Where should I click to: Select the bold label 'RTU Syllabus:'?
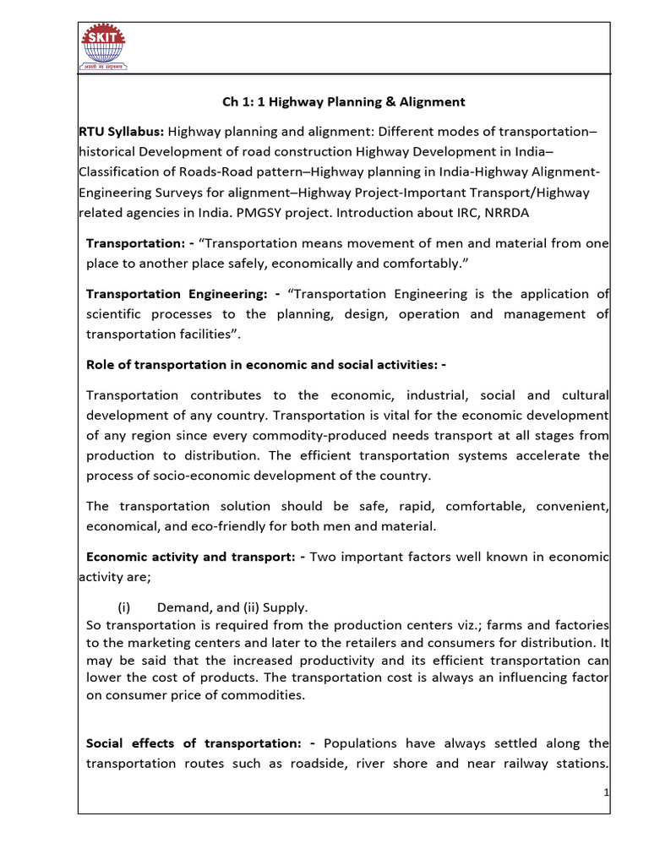point(121,131)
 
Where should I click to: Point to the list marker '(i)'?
point(125,607)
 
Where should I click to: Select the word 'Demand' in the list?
point(182,607)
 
